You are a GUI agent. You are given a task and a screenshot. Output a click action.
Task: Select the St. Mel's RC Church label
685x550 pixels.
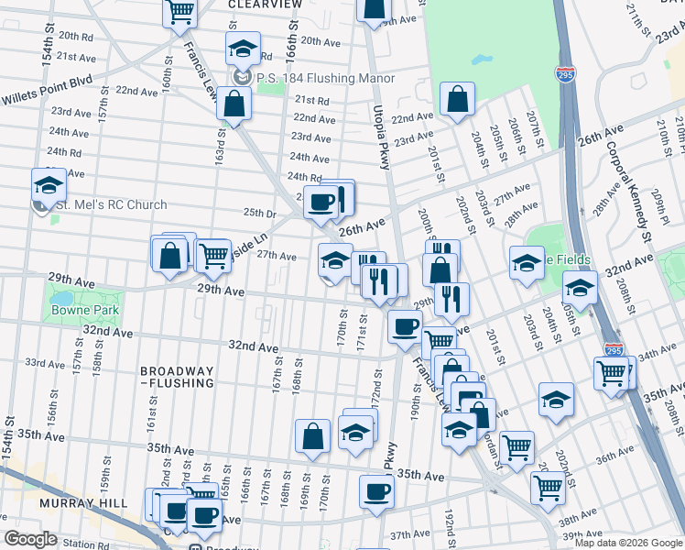click(x=109, y=205)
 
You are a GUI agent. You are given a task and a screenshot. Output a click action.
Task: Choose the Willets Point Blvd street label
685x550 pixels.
click(x=46, y=80)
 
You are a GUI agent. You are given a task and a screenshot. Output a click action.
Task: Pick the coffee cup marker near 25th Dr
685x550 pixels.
click(x=321, y=203)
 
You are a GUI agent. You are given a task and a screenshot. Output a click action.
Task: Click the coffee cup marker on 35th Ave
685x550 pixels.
click(x=375, y=492)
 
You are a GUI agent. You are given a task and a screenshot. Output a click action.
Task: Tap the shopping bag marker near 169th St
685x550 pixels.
click(x=312, y=437)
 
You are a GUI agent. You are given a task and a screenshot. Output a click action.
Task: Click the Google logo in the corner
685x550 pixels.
click(x=30, y=539)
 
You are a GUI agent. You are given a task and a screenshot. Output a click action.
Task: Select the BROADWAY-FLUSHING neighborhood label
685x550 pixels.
click(x=178, y=378)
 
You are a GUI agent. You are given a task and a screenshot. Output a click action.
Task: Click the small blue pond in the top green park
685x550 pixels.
click(x=480, y=60)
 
